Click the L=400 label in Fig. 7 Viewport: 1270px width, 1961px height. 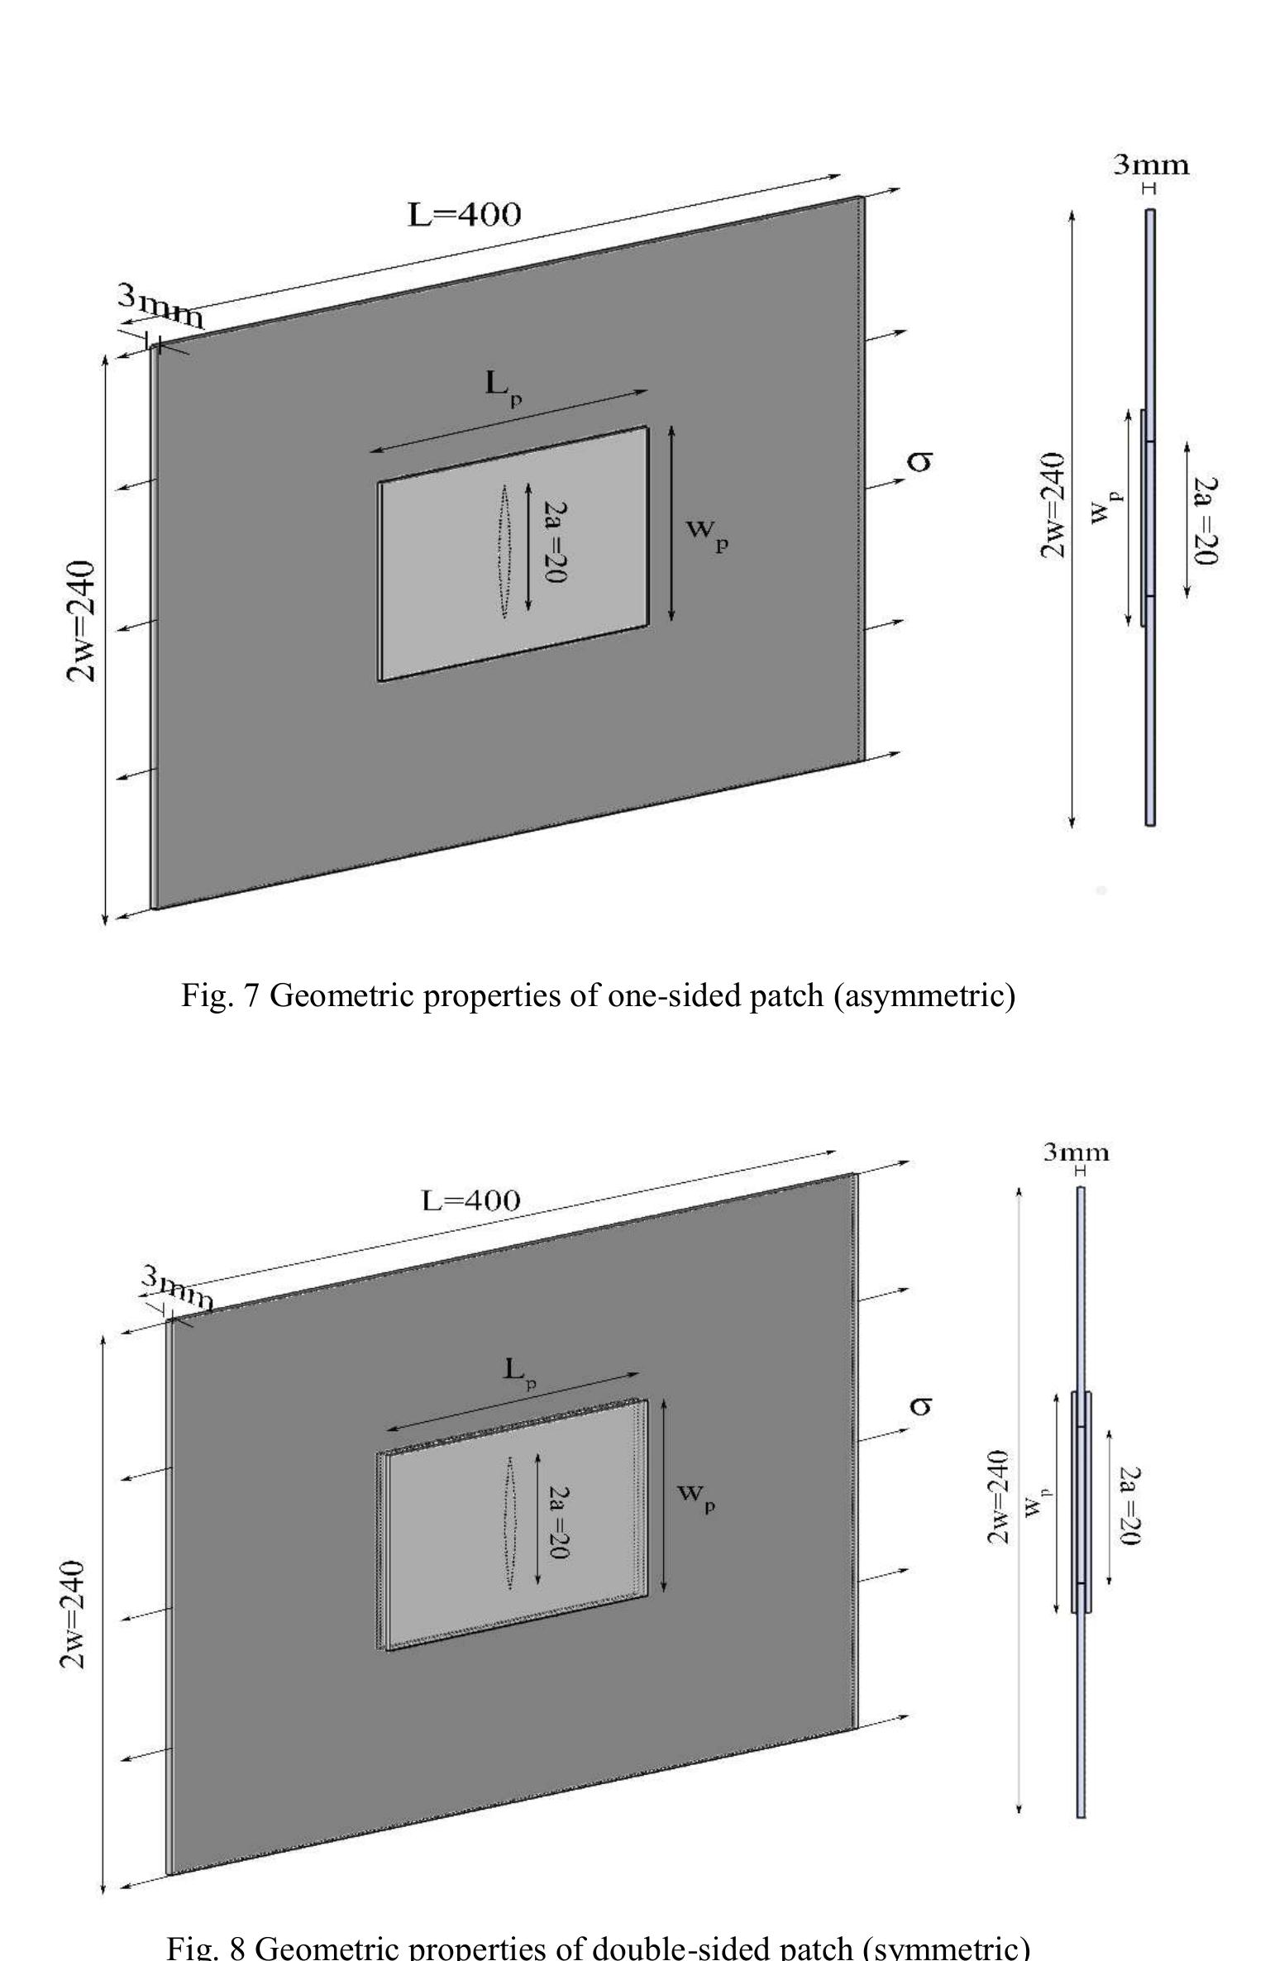[465, 215]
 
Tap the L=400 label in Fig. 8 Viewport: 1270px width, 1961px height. [470, 1200]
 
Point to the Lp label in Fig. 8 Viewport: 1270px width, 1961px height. [521, 1372]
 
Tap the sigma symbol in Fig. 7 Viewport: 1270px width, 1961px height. [919, 461]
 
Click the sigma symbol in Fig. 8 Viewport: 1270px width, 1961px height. [920, 1405]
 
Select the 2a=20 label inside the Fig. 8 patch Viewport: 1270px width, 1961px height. [560, 1523]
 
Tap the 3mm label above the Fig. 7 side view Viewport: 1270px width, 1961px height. [1151, 165]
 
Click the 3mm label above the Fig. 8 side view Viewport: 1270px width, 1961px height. [1076, 1152]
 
